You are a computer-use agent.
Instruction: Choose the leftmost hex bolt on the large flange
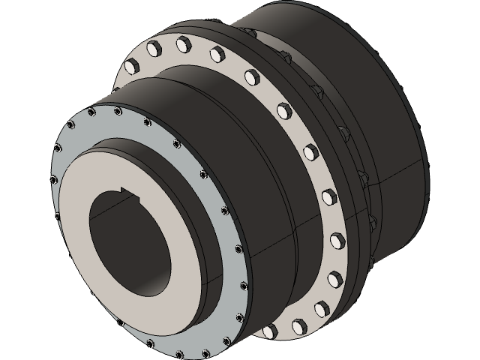(x=128, y=68)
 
